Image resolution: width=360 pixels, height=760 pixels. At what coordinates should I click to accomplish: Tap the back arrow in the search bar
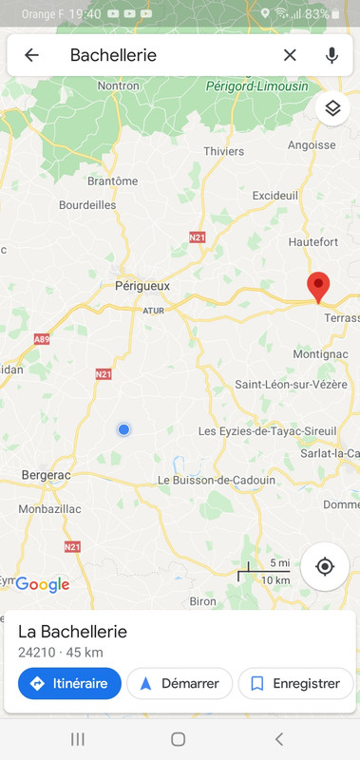click(31, 55)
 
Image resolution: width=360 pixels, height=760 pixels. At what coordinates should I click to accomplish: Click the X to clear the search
click(290, 55)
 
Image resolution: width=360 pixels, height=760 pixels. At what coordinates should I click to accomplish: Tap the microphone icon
click(332, 55)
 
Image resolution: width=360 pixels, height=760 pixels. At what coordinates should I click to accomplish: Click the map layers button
click(332, 107)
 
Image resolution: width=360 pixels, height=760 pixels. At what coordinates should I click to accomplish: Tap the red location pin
click(318, 285)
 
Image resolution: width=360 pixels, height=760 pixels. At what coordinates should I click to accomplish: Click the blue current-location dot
click(123, 430)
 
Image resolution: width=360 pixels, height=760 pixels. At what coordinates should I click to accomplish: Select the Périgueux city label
click(142, 285)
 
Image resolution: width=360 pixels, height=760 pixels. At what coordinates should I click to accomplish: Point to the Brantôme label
click(112, 181)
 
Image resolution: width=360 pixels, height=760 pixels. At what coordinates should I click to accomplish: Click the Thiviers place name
click(224, 151)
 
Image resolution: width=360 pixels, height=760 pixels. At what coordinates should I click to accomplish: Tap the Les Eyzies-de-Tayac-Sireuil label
click(267, 431)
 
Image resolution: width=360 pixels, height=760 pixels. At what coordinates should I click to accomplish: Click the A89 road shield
click(41, 339)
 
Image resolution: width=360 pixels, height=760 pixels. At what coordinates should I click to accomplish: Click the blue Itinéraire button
click(69, 683)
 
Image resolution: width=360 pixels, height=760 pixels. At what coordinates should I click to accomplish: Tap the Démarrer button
click(180, 683)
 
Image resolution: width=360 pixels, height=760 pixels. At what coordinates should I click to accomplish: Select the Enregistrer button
click(294, 683)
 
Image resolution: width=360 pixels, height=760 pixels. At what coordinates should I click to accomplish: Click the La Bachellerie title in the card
click(72, 632)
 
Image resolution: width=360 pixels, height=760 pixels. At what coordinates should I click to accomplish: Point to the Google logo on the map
click(43, 585)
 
